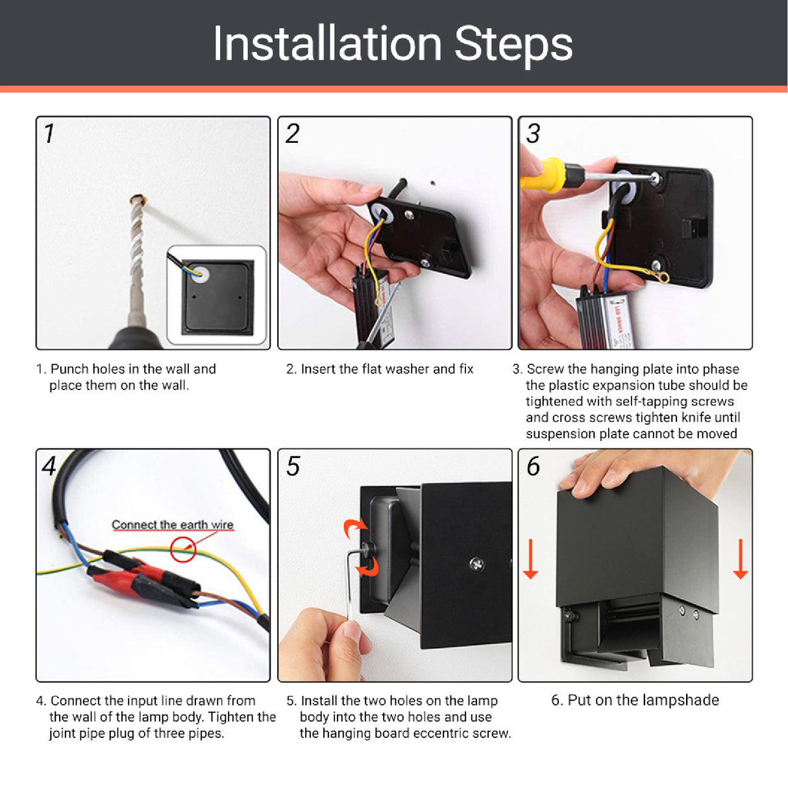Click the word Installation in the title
[x=328, y=43]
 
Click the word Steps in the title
[x=513, y=46]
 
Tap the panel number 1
[x=49, y=134]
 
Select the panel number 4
[x=49, y=466]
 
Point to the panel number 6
[x=534, y=466]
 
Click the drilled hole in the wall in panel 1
[x=138, y=199]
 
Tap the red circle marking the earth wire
[x=183, y=550]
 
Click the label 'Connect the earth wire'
[x=173, y=524]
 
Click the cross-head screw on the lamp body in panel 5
[x=477, y=564]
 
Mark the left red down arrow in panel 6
[x=531, y=559]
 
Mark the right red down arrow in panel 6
[x=741, y=559]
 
